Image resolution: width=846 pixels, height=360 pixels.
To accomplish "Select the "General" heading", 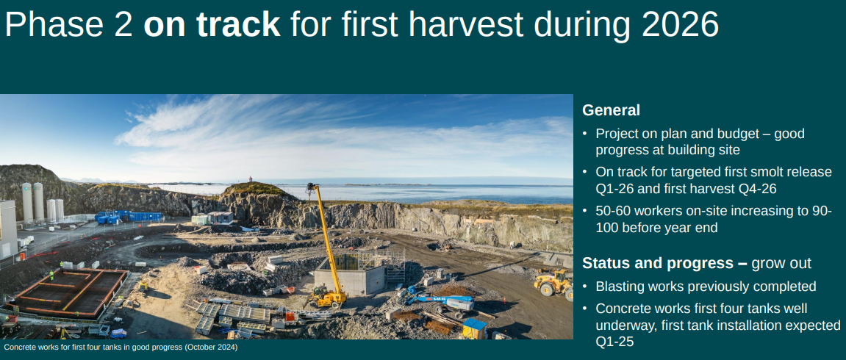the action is click(x=611, y=110).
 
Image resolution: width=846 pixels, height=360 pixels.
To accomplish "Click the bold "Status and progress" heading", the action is click(x=659, y=263).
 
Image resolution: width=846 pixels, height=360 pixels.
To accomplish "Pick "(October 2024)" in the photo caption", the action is click(x=211, y=348).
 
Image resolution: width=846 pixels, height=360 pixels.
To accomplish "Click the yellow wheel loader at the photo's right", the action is click(x=553, y=282).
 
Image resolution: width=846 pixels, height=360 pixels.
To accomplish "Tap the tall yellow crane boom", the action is click(x=326, y=240).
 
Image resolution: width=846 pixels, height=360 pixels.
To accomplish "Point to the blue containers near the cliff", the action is click(x=129, y=217).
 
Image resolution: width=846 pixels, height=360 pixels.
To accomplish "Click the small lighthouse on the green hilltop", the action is click(x=250, y=179).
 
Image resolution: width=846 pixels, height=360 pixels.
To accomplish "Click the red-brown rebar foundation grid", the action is click(x=70, y=292).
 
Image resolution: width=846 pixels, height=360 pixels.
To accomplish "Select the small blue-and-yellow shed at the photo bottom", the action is click(x=474, y=328).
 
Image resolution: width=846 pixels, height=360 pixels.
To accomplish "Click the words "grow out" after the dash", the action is click(x=781, y=263).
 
